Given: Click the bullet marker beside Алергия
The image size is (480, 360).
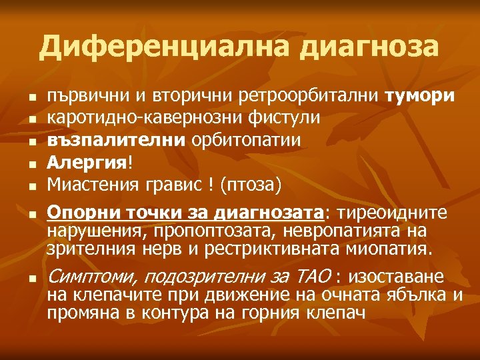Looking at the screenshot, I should coord(31,162).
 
